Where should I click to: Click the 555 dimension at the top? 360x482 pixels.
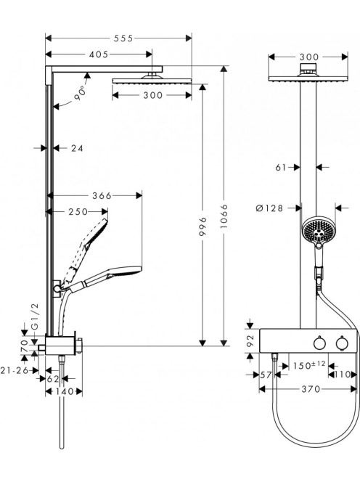[123, 38]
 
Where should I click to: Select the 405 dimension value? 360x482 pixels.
[99, 54]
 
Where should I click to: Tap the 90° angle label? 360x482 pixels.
[80, 93]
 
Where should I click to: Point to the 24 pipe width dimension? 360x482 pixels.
[77, 149]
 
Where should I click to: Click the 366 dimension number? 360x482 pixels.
[102, 195]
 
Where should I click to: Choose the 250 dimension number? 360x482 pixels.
[78, 212]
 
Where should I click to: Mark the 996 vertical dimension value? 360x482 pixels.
[202, 227]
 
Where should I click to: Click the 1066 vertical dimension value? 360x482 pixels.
[224, 216]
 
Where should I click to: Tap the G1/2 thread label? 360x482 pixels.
[35, 316]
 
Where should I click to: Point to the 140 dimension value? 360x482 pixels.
[64, 392]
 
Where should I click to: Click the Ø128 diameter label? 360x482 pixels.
[269, 208]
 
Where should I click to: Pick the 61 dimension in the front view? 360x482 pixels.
[281, 168]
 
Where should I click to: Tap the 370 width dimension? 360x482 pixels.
[311, 389]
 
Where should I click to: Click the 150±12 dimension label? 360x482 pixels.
[309, 365]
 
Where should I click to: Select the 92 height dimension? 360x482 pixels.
[251, 340]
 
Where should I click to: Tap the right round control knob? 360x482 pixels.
[342, 343]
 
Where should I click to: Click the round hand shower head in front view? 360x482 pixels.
[318, 230]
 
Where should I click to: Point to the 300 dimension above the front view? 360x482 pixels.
[309, 57]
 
